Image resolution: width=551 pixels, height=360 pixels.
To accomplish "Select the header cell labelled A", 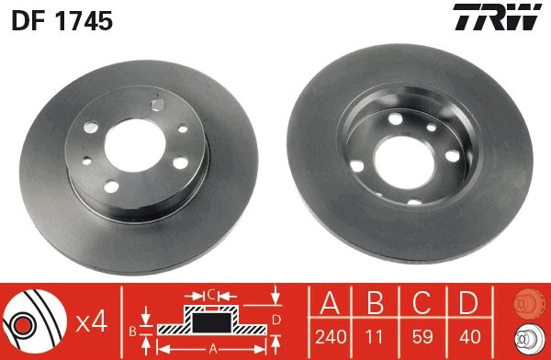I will coord(332,304).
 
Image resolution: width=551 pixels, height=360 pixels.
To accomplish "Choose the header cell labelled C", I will coord(423,304).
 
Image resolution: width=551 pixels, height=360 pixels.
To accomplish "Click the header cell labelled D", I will coord(469,304).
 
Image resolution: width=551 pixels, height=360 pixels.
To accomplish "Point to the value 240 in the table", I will coord(332,337).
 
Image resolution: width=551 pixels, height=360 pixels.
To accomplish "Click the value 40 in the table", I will coord(469,337).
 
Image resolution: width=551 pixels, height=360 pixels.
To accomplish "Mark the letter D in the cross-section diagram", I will coord(275,320).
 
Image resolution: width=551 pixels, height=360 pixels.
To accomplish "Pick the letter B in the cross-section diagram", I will coord(132,328).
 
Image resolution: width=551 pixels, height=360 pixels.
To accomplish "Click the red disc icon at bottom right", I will coord(526,303).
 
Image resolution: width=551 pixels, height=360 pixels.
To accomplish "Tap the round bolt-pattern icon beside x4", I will coord(35,321).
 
